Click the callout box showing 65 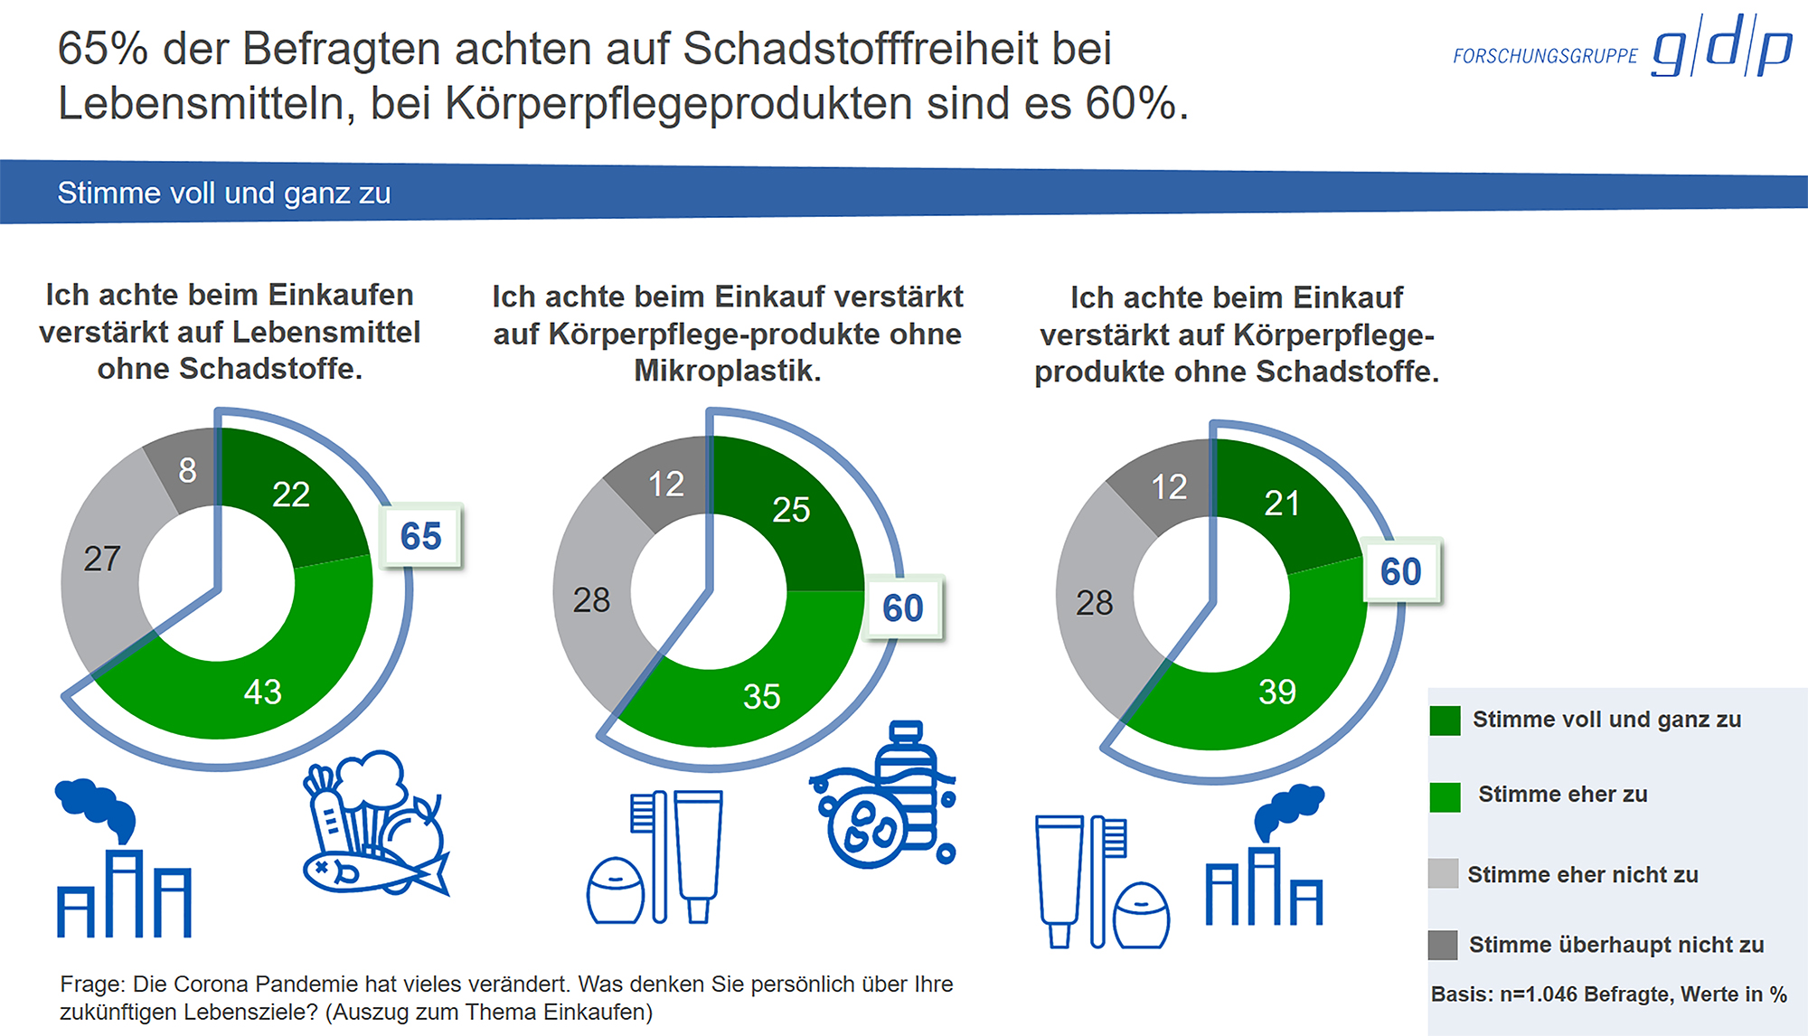(x=421, y=536)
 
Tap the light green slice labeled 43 (x=262, y=692)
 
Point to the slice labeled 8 (x=187, y=470)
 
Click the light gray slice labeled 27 (x=101, y=559)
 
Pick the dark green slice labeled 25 (x=791, y=510)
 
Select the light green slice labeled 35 (x=761, y=696)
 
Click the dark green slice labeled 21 (x=1282, y=504)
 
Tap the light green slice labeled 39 (x=1276, y=692)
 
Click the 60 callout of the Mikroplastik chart (x=903, y=607)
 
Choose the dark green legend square (x=1445, y=720)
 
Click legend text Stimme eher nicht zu (x=1582, y=874)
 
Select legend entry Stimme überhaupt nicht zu (x=1615, y=945)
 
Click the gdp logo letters (x=1721, y=47)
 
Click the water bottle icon (x=907, y=782)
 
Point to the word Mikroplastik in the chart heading (x=727, y=371)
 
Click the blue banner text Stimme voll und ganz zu (x=224, y=193)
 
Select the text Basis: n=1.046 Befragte (x=1549, y=994)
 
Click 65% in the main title (x=102, y=49)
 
